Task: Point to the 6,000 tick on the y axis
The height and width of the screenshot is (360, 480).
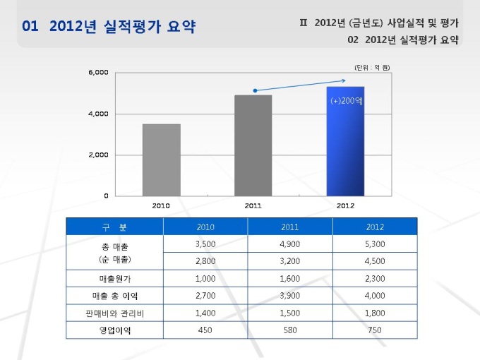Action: tap(98, 72)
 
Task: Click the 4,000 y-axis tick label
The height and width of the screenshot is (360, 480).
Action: tap(98, 113)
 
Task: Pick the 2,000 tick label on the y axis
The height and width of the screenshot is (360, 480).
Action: tap(98, 155)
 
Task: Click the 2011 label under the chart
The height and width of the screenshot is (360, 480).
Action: tap(253, 205)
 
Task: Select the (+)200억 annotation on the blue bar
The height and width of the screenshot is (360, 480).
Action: tap(346, 101)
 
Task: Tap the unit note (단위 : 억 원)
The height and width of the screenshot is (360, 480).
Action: tap(372, 67)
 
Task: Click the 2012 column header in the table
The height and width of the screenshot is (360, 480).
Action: tap(376, 227)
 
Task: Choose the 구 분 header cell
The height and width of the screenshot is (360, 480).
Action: tap(115, 227)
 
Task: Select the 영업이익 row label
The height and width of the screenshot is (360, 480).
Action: tap(115, 330)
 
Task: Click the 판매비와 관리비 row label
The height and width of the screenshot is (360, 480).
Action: tap(115, 313)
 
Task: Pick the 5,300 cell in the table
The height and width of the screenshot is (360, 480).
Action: tap(376, 244)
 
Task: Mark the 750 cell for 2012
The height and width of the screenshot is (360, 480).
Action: tap(376, 330)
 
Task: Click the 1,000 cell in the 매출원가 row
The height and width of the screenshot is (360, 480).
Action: tap(205, 279)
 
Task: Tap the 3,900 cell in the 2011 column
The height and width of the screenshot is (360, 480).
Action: tap(290, 296)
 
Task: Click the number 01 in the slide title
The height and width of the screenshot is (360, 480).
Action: tap(30, 28)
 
